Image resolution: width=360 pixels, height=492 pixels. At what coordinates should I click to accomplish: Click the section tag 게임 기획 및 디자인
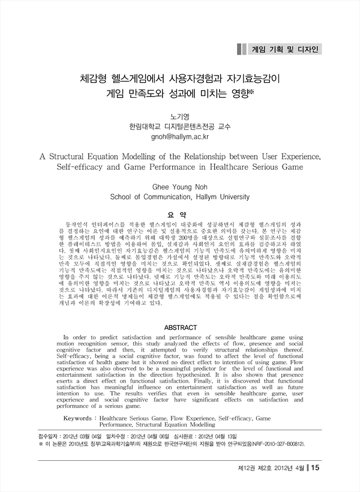click(285, 48)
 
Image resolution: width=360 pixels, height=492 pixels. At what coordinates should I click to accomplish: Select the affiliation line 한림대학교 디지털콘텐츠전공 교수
click(180, 127)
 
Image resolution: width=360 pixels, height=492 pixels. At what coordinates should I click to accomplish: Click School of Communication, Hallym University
click(180, 196)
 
